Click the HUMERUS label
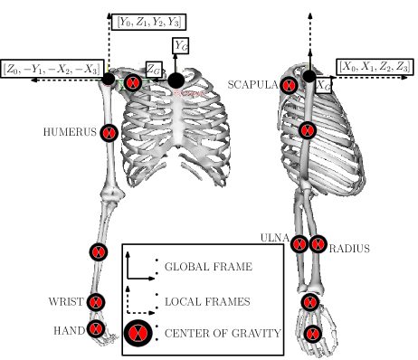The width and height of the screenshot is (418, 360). click(69, 132)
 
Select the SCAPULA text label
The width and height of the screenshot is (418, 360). click(252, 84)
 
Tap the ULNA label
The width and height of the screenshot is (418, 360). click(274, 239)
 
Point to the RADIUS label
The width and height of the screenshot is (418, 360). click(348, 247)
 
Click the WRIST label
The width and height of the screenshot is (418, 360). click(66, 301)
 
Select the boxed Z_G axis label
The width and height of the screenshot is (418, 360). click(154, 68)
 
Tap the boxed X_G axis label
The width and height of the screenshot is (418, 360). click(324, 84)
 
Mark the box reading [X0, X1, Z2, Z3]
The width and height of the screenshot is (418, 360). click(374, 67)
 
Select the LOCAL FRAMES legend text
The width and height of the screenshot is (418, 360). click(207, 299)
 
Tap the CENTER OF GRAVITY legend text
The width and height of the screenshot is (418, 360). click(222, 334)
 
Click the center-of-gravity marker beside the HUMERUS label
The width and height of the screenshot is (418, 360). click(109, 133)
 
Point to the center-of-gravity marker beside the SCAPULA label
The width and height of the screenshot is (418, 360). click(289, 86)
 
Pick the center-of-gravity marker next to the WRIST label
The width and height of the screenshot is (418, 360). click(96, 301)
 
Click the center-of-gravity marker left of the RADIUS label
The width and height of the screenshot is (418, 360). click(317, 243)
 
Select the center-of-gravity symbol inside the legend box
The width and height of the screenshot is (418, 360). click(139, 334)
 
